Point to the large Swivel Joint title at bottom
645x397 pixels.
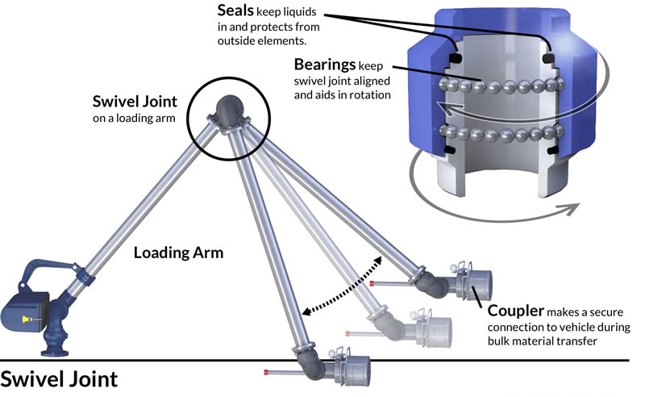coord(59,379)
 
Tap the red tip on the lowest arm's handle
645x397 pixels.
coord(266,371)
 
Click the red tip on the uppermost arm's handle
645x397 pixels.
coord(372,284)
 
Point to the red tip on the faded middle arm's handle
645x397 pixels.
coord(347,332)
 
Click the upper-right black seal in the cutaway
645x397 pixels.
coord(551,59)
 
